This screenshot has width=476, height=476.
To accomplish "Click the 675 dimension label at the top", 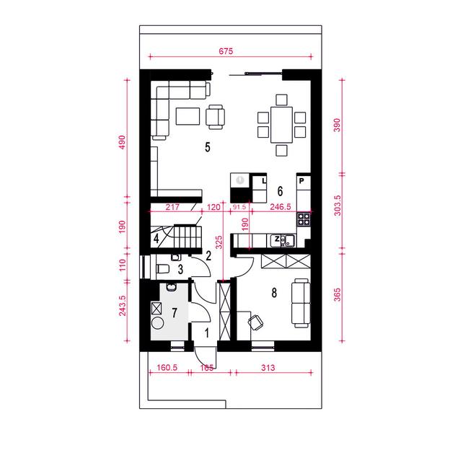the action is [226, 51].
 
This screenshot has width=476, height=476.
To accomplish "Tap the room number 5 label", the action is [208, 147].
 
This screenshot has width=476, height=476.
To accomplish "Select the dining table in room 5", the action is [281, 125].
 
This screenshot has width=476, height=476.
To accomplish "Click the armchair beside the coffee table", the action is [215, 117].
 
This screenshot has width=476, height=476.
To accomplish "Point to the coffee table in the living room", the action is [188, 116].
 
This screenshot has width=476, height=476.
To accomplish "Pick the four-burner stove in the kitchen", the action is [304, 219].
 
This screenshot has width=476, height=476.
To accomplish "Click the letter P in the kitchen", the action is [301, 181].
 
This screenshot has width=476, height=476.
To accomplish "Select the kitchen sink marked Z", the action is [283, 241].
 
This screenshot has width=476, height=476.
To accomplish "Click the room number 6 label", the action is [280, 191].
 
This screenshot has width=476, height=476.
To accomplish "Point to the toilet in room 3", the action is [163, 268].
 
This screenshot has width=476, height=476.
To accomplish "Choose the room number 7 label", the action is [175, 312].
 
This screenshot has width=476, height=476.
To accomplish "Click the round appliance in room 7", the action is [157, 322].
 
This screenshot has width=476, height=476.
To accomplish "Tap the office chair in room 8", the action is [255, 322].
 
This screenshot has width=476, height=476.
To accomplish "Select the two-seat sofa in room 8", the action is [301, 303].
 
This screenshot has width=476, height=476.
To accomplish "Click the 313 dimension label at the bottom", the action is [268, 368].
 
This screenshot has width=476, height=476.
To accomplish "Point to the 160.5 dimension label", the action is [167, 368].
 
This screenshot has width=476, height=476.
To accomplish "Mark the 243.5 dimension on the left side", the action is [123, 306].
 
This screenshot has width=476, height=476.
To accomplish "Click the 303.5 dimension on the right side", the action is [338, 206].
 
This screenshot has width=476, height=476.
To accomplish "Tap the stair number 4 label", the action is [156, 239].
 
